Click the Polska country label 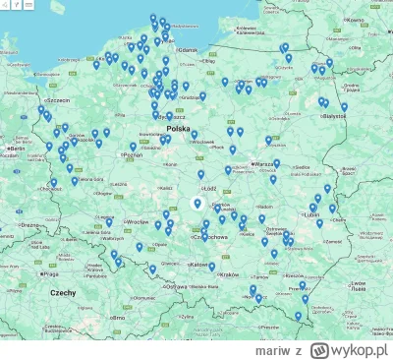[x=178, y=128]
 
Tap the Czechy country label [x=63, y=293]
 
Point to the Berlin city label [x=14, y=149]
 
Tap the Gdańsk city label [x=190, y=51]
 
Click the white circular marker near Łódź [x=196, y=204]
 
